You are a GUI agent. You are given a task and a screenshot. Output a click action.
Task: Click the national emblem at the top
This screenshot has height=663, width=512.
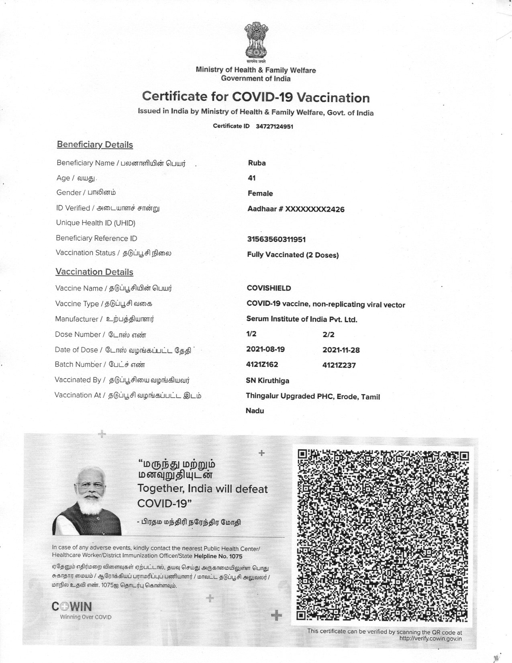256,42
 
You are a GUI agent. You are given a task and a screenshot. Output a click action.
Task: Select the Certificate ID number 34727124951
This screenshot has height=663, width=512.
274,126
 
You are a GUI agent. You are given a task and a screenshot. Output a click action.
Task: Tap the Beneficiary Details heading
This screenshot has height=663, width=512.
95,145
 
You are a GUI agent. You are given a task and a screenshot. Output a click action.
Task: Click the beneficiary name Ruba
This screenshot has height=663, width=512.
257,163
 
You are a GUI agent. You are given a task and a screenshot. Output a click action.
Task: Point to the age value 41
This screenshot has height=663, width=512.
252,178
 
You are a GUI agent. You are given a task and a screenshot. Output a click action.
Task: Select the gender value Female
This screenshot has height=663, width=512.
260,193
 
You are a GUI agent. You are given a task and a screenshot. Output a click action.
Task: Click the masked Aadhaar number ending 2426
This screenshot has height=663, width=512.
296,209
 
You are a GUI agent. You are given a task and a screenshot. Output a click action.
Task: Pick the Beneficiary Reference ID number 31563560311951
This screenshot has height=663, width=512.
276,239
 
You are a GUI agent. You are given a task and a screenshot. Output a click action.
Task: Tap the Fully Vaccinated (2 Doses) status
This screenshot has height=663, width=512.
293,255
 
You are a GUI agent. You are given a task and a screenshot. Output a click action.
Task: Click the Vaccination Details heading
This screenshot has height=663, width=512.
94,272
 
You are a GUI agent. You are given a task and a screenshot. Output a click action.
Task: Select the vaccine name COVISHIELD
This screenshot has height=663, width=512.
269,288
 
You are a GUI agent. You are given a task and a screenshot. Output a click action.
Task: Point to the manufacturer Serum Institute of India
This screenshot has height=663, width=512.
302,319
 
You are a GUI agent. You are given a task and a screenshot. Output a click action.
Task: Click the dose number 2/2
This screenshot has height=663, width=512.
328,334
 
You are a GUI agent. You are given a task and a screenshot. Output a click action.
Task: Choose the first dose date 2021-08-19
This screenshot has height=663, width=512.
265,349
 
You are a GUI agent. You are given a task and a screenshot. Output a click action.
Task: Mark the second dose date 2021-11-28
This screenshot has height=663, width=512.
341,350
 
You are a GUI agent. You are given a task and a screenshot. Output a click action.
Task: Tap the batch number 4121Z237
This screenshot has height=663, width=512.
339,365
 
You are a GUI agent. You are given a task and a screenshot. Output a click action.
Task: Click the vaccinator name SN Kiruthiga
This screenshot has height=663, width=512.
267,381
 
